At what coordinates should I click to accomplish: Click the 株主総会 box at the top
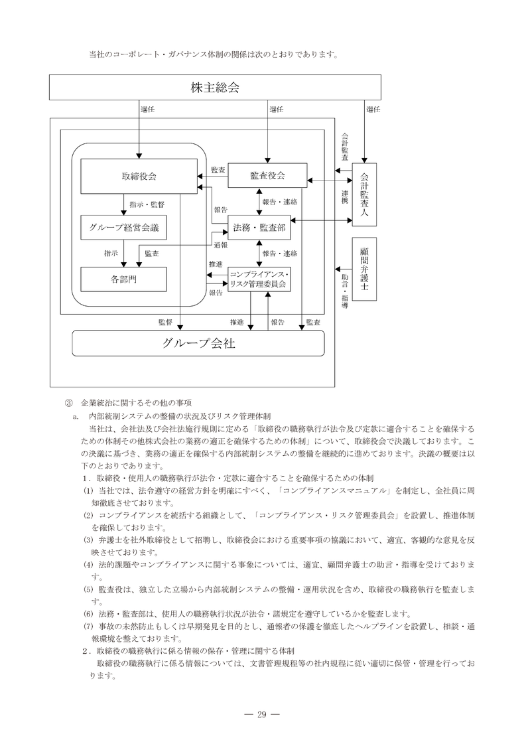tap(215, 87)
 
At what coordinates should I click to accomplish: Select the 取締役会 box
tap(139, 176)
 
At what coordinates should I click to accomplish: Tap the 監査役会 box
tap(267, 175)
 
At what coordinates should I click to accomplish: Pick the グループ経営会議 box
tap(123, 228)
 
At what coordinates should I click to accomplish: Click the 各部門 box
tap(123, 279)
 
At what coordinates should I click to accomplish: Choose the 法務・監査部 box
tap(258, 228)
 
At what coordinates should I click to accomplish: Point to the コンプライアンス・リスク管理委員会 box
tap(258, 279)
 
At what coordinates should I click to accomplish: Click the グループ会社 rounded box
tap(198, 343)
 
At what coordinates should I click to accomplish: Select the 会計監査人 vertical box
tap(364, 194)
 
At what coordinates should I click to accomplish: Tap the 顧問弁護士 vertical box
tap(364, 269)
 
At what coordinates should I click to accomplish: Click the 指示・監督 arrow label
tap(149, 204)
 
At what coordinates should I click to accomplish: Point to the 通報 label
tap(220, 245)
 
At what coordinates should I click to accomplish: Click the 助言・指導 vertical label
tap(345, 288)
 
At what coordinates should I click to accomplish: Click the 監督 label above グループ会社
tap(165, 323)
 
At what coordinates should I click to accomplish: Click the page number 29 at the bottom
tap(261, 714)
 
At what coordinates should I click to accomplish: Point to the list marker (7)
tap(88, 626)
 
